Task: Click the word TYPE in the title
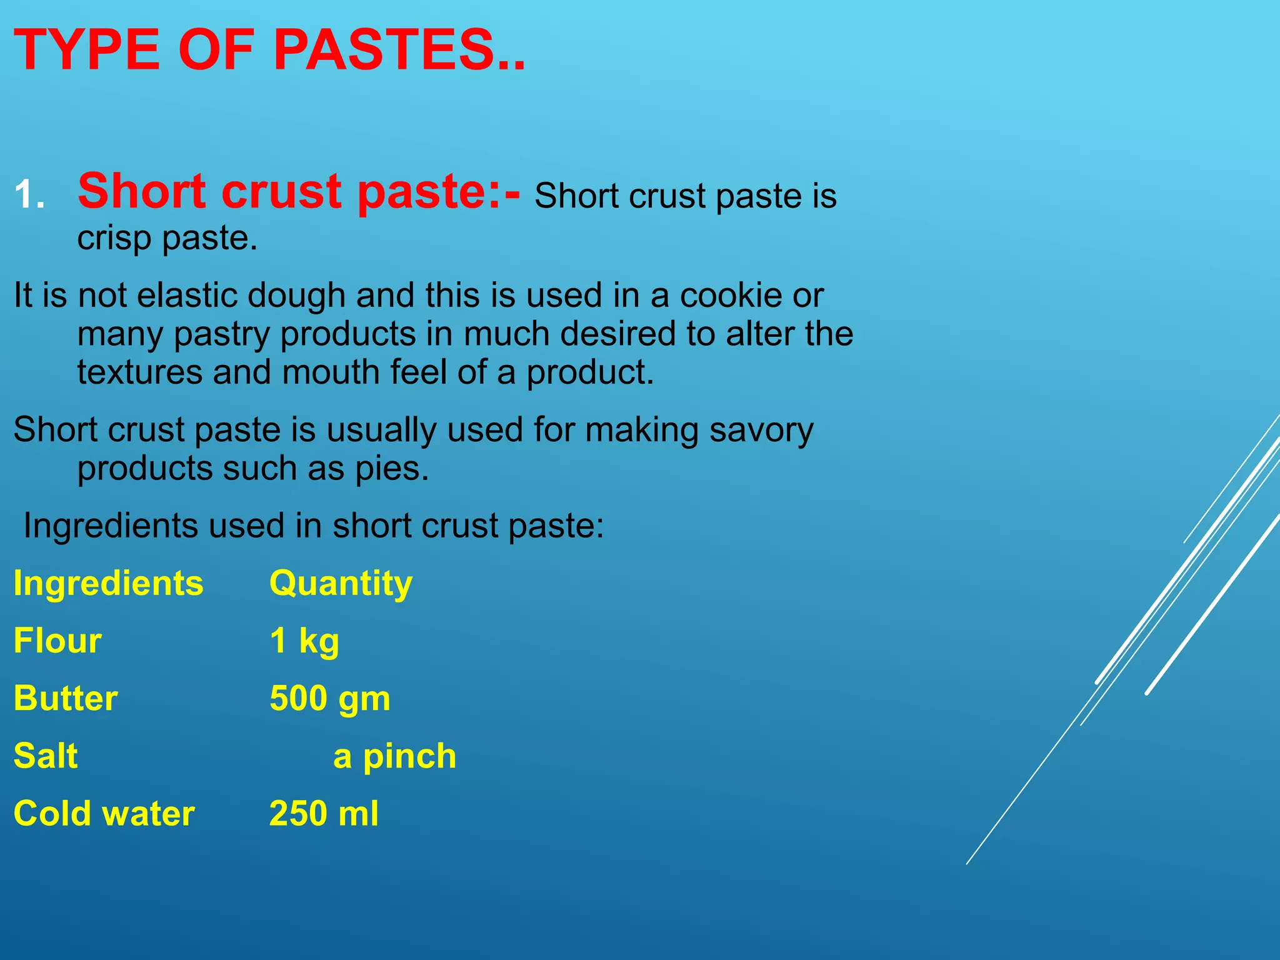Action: click(87, 50)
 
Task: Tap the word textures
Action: click(139, 372)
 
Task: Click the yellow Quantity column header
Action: click(341, 584)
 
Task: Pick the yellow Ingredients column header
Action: click(109, 584)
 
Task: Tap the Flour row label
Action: click(57, 641)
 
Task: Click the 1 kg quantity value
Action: click(304, 641)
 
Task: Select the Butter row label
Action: click(66, 699)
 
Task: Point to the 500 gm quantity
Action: click(330, 699)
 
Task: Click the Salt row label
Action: click(46, 756)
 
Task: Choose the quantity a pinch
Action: click(394, 756)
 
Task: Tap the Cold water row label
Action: click(104, 814)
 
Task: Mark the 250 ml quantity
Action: click(324, 814)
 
